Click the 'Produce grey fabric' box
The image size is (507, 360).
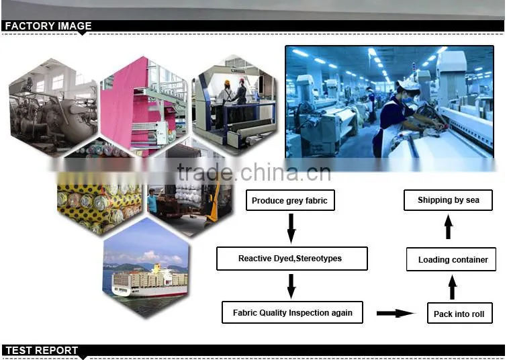click(290, 200)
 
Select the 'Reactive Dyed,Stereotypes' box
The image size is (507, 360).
click(291, 259)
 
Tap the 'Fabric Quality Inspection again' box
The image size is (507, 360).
click(292, 312)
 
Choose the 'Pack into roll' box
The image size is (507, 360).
click(459, 313)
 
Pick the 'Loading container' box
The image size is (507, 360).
click(451, 259)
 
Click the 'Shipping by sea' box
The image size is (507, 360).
click(448, 200)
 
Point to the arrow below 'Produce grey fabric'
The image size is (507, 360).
click(291, 228)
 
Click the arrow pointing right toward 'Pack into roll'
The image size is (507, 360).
click(396, 313)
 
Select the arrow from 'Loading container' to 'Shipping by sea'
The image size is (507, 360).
click(448, 227)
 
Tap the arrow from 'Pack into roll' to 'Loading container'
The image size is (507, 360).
click(453, 287)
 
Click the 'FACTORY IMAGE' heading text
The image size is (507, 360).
click(48, 26)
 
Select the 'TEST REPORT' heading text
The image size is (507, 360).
click(42, 351)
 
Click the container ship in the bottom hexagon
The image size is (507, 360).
click(149, 280)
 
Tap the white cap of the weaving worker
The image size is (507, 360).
click(408, 85)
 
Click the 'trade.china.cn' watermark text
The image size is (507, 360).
click(254, 172)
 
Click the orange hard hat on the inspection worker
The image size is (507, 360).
click(227, 83)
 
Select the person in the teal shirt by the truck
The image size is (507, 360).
click(152, 201)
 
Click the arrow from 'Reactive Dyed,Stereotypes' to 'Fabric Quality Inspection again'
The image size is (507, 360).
click(291, 286)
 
